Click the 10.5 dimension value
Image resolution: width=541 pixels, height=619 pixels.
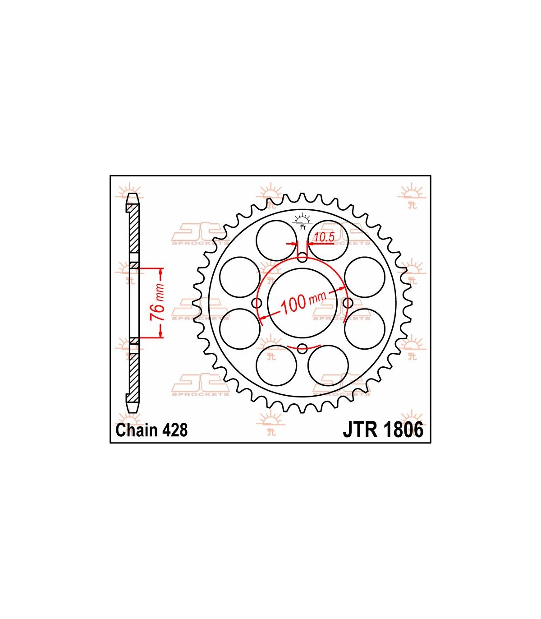pos(324,237)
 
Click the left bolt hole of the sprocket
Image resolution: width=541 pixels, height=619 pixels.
pos(257,303)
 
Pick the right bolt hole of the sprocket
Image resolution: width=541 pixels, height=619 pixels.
pos(348,303)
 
